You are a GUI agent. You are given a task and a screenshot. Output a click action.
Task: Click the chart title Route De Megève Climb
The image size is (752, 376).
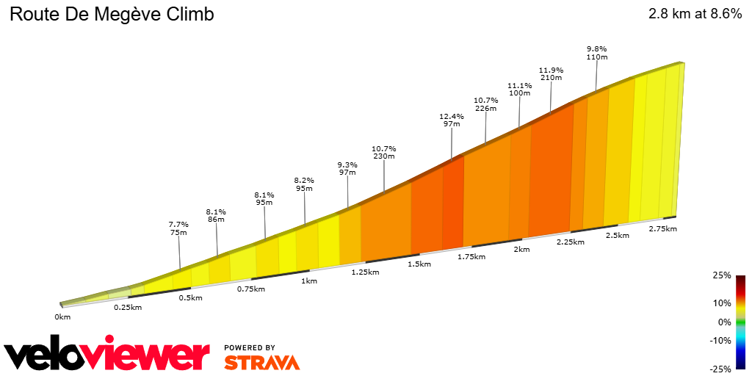[112, 15]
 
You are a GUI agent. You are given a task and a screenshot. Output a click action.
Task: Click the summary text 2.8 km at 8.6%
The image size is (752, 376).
[695, 15]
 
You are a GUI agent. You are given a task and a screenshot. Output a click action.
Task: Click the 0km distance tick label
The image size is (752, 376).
[62, 317]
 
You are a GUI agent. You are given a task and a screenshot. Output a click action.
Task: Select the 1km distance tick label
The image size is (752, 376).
[309, 281]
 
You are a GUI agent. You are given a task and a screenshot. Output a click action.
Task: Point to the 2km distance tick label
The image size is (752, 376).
[521, 250]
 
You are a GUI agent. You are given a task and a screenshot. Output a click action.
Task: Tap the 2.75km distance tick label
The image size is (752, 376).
[662, 229]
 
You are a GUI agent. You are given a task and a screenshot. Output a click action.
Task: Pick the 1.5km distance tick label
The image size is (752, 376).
[419, 264]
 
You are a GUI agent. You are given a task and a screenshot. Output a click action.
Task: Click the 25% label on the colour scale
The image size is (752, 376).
[722, 275]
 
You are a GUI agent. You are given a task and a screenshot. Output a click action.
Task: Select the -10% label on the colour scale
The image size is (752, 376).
[720, 340]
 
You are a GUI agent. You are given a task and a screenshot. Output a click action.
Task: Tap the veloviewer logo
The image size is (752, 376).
[106, 355]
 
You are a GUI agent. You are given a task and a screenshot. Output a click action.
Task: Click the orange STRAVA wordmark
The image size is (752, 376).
[261, 362]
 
